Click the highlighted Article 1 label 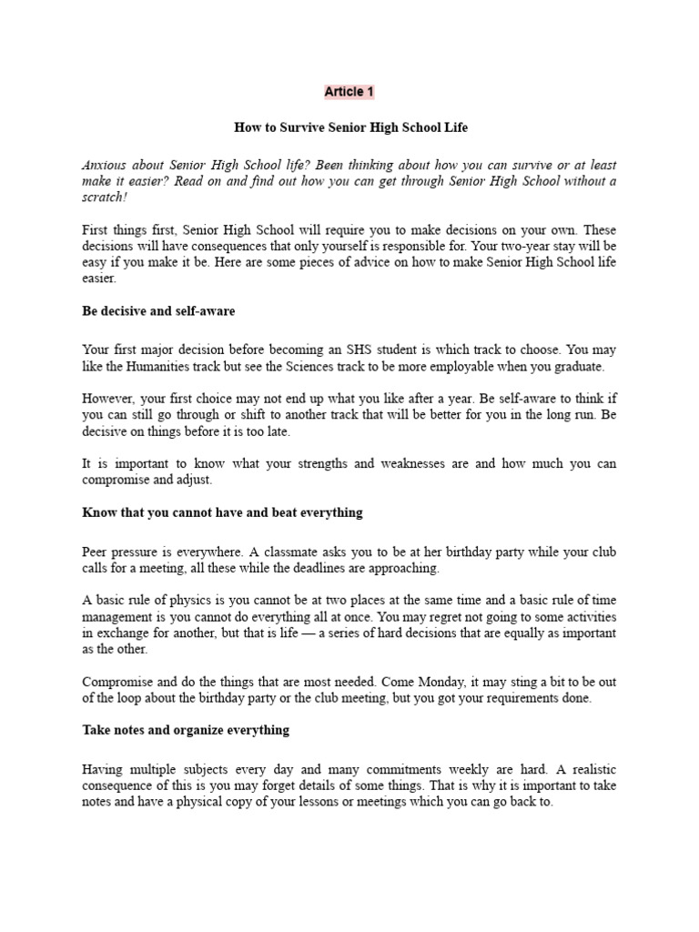[x=349, y=92]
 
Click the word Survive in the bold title [x=303, y=128]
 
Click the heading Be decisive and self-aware [x=158, y=311]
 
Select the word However [x=107, y=398]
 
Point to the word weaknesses [x=404, y=463]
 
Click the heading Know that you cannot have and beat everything [x=222, y=512]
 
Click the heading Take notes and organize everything [x=186, y=730]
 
